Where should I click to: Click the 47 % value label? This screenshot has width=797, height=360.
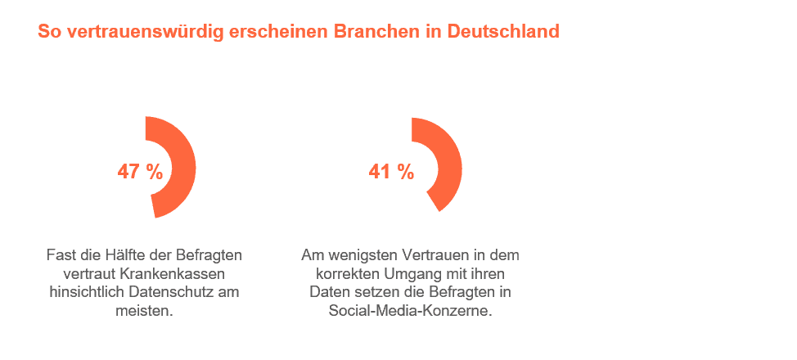click(140, 172)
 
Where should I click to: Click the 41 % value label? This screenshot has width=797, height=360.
click(391, 172)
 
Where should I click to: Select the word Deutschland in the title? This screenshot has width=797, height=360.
click(503, 32)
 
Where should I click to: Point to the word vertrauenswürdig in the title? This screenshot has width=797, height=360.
click(147, 33)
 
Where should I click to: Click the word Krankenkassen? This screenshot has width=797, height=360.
click(173, 273)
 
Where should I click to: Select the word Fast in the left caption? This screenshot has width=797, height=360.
click(58, 254)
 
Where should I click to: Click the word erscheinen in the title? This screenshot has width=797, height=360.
click(280, 32)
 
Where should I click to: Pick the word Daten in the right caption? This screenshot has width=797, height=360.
click(326, 292)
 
